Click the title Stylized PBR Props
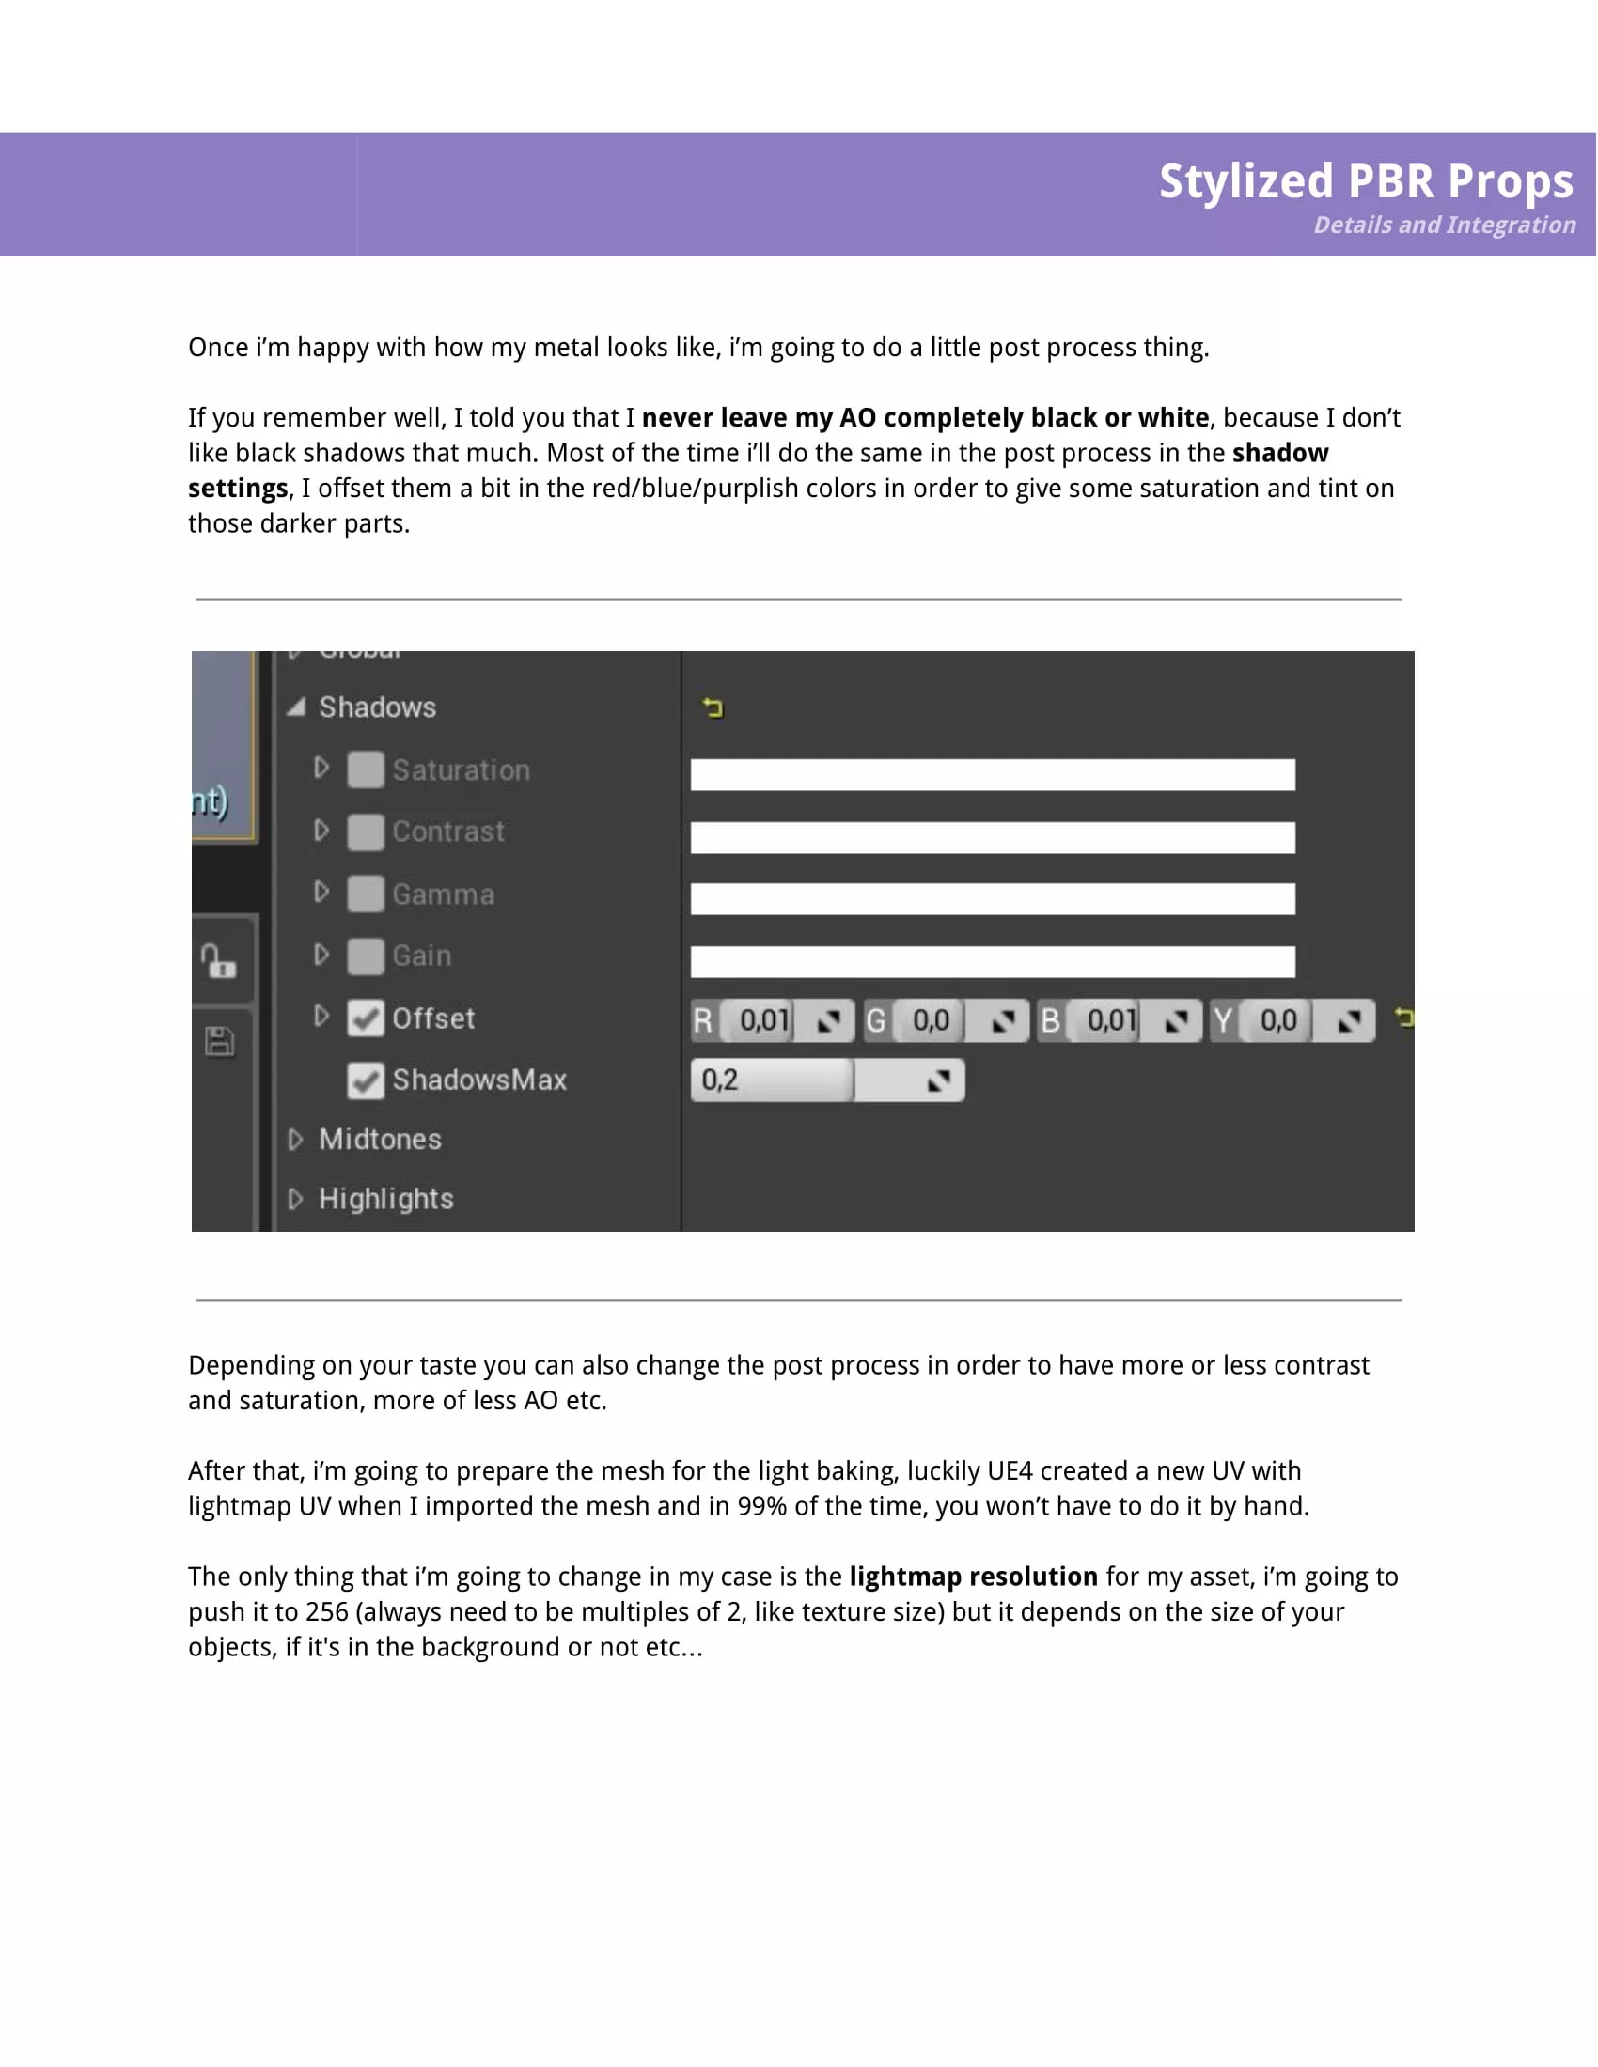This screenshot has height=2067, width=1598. [x=1365, y=180]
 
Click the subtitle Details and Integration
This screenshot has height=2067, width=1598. [x=1444, y=225]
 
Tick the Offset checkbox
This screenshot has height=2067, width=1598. [x=366, y=1018]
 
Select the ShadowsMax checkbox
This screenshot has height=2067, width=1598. [x=366, y=1080]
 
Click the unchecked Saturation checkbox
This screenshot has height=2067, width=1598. [x=366, y=769]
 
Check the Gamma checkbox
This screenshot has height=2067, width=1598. [x=366, y=894]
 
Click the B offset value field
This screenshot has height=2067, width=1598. [x=1111, y=1020]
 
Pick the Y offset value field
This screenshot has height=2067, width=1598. [x=1279, y=1020]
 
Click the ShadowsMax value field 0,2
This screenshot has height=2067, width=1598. [x=772, y=1080]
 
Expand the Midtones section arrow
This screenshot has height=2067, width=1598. [x=295, y=1140]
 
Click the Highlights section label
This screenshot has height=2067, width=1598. [x=386, y=1199]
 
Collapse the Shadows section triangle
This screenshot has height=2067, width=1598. [x=296, y=707]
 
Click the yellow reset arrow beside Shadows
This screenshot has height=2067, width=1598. [x=713, y=707]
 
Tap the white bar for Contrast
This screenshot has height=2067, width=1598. [x=992, y=837]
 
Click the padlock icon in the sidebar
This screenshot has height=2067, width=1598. [x=219, y=961]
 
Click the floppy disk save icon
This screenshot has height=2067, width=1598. [x=220, y=1042]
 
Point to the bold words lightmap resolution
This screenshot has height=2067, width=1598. [x=973, y=1577]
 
